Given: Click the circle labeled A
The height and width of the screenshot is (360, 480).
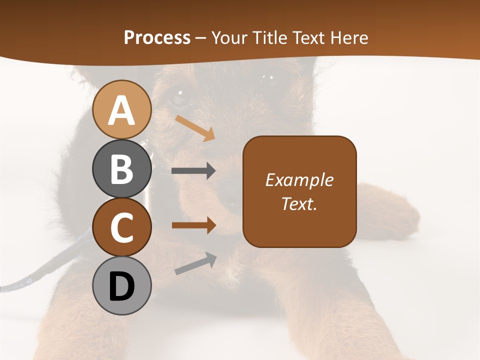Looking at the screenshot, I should pyautogui.click(x=121, y=109).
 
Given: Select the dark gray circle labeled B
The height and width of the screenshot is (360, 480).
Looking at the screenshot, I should pyautogui.click(x=121, y=168).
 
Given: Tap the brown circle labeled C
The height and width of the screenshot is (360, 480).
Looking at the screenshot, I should pyautogui.click(x=121, y=227).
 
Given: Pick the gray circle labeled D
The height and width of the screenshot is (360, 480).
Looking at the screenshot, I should pyautogui.click(x=121, y=286).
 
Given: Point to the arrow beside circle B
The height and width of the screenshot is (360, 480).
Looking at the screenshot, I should pyautogui.click(x=193, y=171).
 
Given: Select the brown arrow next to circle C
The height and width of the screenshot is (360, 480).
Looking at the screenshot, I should pyautogui.click(x=193, y=225).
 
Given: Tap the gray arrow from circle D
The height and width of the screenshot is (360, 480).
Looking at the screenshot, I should pyautogui.click(x=195, y=263).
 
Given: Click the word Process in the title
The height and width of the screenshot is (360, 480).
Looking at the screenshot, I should pyautogui.click(x=157, y=37).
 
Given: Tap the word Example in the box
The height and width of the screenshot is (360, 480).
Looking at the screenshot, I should pyautogui.click(x=299, y=180).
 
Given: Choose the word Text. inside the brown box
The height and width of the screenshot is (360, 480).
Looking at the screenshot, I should pyautogui.click(x=299, y=203).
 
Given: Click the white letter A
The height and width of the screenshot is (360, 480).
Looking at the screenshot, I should pyautogui.click(x=121, y=110).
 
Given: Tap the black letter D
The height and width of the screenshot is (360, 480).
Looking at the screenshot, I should pyautogui.click(x=121, y=286).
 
